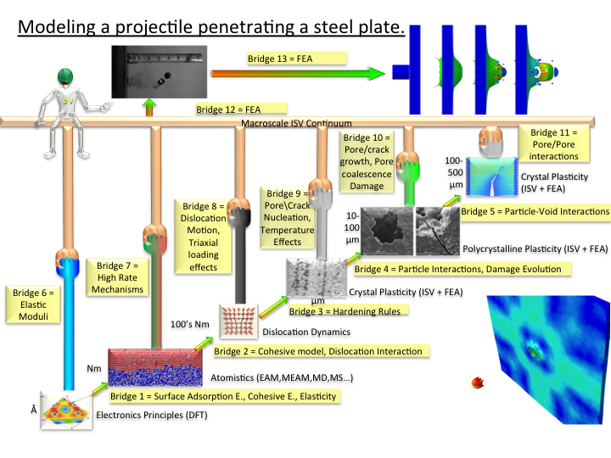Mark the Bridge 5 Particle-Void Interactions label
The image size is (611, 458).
[x=535, y=210]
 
